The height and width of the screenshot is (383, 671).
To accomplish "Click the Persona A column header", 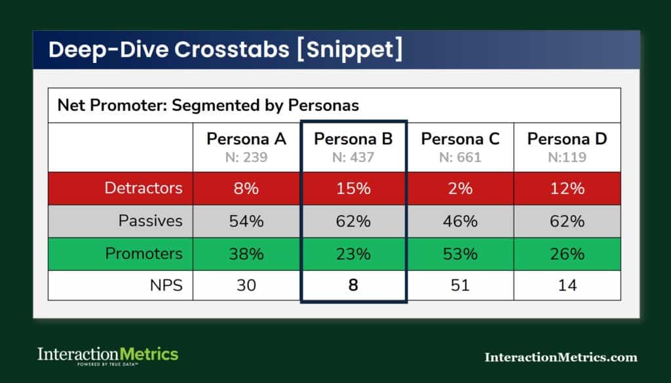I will click(246, 139).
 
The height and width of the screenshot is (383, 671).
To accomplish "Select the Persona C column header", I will click(460, 139).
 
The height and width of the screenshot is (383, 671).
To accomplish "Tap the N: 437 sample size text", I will click(353, 157).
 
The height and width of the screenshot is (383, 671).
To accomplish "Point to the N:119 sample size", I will click(567, 157).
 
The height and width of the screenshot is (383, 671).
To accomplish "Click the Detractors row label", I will click(144, 188).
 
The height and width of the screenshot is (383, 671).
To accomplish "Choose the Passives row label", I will click(150, 221).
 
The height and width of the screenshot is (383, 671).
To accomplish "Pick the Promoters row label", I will click(144, 253).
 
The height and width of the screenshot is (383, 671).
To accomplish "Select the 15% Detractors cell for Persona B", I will click(353, 188).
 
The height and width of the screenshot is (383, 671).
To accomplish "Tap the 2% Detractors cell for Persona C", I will click(460, 188).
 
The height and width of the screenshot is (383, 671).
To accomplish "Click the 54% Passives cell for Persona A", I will click(246, 221).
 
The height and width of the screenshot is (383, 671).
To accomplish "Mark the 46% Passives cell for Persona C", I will click(460, 221).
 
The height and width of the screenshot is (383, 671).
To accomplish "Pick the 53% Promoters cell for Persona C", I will click(460, 253).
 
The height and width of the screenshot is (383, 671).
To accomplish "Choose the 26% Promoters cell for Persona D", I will click(567, 253).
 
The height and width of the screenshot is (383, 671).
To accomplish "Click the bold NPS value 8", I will click(353, 285).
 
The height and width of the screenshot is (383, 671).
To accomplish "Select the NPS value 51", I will click(460, 285).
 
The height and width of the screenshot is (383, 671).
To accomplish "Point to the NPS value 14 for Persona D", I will click(567, 285).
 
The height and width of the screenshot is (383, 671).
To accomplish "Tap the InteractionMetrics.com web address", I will click(560, 357).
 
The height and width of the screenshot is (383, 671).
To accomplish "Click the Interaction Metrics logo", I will click(107, 356).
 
